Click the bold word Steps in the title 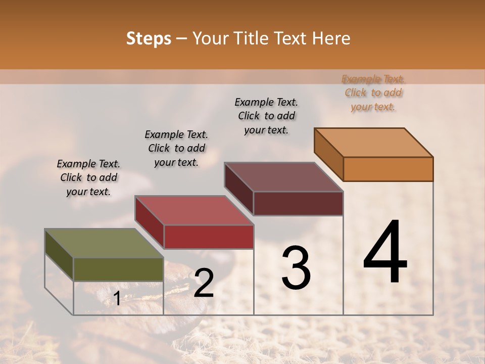point(149,39)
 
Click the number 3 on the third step point(296,268)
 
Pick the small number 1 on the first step point(117,299)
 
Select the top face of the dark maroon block point(283,177)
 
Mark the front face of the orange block point(388,169)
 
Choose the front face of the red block point(209,237)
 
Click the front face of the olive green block point(118,269)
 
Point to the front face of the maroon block point(298,203)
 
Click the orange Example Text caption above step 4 point(373,93)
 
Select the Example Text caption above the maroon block point(266,116)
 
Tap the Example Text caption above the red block point(176,148)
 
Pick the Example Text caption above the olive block point(88,177)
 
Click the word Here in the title point(332,39)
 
